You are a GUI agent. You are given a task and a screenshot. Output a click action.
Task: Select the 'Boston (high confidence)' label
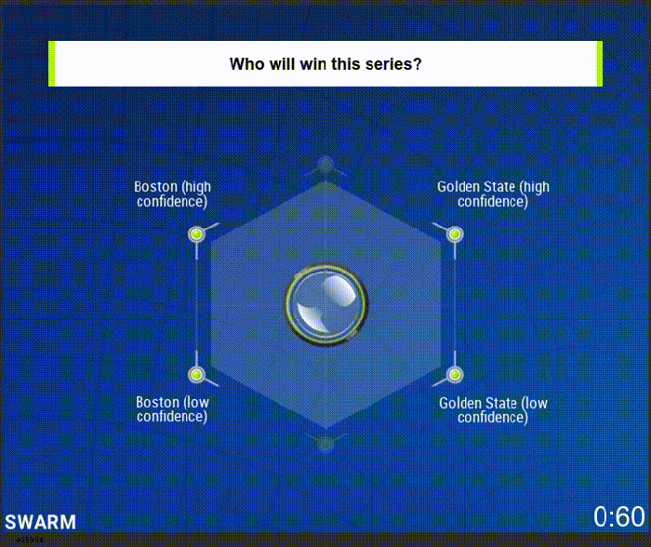172,194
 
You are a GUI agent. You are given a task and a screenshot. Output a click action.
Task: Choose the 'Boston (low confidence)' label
172,409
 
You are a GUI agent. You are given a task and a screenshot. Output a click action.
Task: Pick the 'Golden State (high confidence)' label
493,194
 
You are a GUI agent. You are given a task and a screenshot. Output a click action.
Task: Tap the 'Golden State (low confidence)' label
493,410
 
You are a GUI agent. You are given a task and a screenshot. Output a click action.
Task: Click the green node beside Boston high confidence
197,234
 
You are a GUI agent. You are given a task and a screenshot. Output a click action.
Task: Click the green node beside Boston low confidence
197,375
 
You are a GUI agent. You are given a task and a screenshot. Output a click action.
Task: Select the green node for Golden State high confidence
455,234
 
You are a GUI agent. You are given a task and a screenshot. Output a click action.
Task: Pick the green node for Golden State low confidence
455,375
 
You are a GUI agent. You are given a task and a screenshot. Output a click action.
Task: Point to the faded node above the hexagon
325,165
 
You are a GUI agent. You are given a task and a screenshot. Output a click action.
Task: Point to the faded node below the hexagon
325,445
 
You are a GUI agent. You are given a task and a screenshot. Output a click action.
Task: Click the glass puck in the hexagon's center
325,304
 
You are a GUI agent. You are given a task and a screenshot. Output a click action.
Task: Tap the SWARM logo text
40,522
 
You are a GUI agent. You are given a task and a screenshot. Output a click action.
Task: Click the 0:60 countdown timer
619,516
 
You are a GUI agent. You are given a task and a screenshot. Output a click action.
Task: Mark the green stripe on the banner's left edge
51,63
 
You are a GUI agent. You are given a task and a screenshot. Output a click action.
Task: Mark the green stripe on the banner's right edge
600,63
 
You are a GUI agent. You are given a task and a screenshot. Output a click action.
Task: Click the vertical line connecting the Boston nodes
197,304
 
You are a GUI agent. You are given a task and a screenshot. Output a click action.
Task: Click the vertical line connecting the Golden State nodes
455,304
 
